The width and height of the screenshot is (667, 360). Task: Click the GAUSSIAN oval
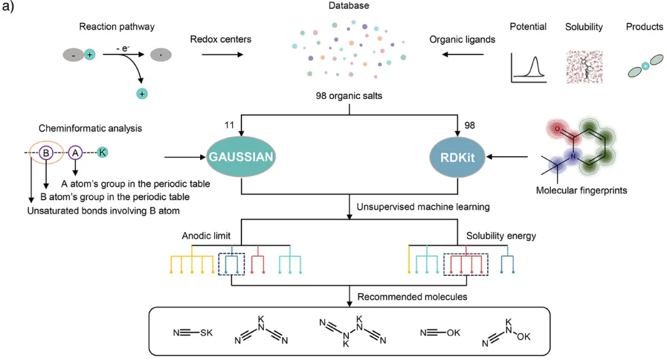(x=240, y=157)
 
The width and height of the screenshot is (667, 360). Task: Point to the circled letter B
(x=44, y=152)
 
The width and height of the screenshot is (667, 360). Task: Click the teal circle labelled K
(x=103, y=152)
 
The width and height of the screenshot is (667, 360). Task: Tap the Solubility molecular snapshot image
(x=584, y=67)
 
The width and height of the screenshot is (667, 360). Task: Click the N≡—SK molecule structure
(x=193, y=333)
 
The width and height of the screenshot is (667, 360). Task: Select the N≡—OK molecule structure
(x=440, y=333)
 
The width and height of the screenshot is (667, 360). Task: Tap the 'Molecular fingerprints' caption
(x=581, y=191)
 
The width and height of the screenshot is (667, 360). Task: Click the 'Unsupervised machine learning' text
(x=423, y=207)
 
